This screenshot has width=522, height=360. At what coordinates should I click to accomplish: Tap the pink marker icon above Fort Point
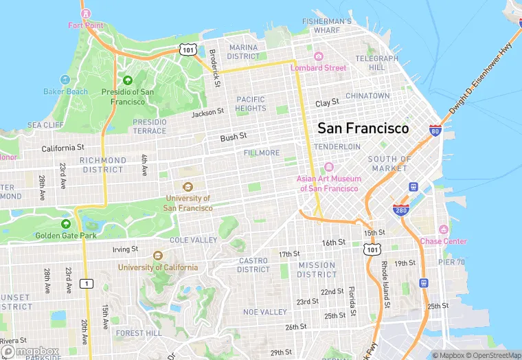pyautogui.click(x=85, y=13)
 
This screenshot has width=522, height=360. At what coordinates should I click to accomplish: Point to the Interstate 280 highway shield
pyautogui.click(x=401, y=210)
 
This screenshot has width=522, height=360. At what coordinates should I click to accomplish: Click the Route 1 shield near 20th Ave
pyautogui.click(x=86, y=283)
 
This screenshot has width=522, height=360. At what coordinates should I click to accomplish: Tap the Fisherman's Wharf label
pyautogui.click(x=327, y=25)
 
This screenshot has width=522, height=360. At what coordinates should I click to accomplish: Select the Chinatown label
pyautogui.click(x=367, y=95)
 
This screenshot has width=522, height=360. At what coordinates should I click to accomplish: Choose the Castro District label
pyautogui.click(x=253, y=265)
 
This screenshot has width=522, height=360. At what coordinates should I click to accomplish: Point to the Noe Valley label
pyautogui.click(x=265, y=312)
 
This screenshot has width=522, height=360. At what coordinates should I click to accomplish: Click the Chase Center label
pyautogui.click(x=443, y=241)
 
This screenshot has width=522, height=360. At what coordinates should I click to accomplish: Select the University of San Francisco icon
pyautogui.click(x=188, y=186)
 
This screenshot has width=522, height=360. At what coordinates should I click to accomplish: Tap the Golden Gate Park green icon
pyautogui.click(x=66, y=224)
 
